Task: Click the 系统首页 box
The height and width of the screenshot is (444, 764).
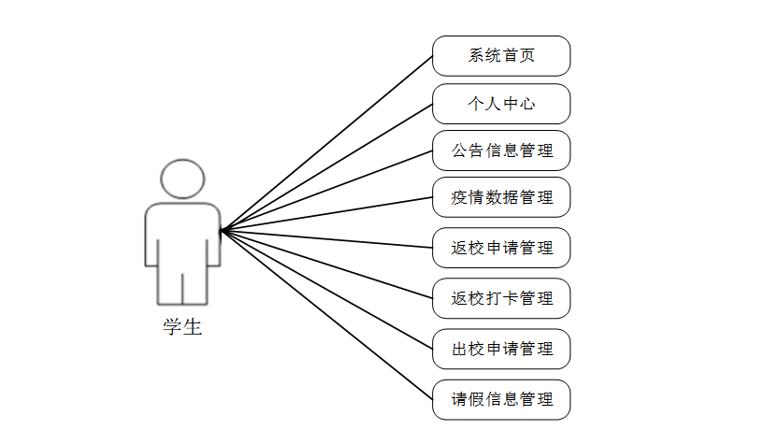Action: tap(501, 56)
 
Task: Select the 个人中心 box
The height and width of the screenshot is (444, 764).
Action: tap(501, 104)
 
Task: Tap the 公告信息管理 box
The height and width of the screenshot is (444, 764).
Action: tap(501, 150)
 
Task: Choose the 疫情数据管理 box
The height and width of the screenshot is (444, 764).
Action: tap(501, 197)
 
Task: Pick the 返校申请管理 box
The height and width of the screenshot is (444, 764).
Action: tap(501, 248)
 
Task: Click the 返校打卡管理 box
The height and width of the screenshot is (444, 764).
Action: tap(501, 298)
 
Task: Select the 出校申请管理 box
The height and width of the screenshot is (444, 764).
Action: tap(501, 349)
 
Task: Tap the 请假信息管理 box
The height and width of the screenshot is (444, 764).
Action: tap(501, 399)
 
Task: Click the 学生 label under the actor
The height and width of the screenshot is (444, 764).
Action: tap(182, 327)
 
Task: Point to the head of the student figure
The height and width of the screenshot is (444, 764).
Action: tap(182, 179)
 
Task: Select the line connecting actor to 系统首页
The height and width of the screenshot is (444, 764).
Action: tap(326, 143)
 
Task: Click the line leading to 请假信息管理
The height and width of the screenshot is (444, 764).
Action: tap(326, 313)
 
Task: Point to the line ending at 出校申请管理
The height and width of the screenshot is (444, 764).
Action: tap(326, 288)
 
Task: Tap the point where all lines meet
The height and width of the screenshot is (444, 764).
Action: tap(221, 229)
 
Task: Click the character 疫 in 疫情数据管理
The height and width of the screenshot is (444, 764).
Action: tap(460, 197)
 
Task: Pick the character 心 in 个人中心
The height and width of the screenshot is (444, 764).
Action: tap(527, 104)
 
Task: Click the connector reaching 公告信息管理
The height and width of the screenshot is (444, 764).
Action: tap(326, 190)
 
